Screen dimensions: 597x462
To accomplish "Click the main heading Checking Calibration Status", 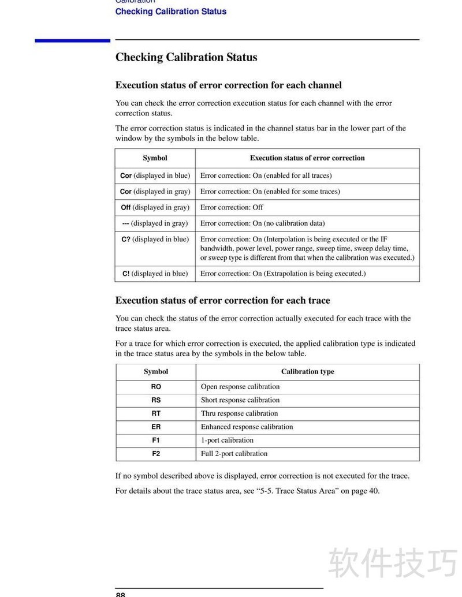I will point(186,57).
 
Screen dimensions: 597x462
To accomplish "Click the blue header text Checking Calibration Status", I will point(170,12).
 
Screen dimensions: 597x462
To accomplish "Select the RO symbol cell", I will point(156,387).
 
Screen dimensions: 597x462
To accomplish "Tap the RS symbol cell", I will point(156,400).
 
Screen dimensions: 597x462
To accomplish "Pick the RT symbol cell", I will point(156,413).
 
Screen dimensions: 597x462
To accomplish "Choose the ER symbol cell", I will point(156,427).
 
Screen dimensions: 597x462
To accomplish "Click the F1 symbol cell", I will point(156,440).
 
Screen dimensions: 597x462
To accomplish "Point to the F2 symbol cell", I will point(156,453).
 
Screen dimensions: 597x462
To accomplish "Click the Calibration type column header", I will point(307,372).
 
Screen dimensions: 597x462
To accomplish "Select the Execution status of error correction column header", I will point(307,158).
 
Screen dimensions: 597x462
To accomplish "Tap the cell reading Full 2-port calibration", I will point(234,454).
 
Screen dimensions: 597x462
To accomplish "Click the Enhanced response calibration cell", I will point(247,427).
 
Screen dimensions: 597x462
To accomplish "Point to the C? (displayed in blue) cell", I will point(155,239).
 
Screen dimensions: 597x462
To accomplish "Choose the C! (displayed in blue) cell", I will point(155,274).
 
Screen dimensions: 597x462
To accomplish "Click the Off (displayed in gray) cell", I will point(155,207).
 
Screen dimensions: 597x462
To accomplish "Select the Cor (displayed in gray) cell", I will point(155,191).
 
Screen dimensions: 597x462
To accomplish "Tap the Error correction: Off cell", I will point(232,207).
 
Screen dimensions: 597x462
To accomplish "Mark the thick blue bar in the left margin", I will point(72,40).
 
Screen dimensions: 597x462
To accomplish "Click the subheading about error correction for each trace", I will point(222,300).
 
